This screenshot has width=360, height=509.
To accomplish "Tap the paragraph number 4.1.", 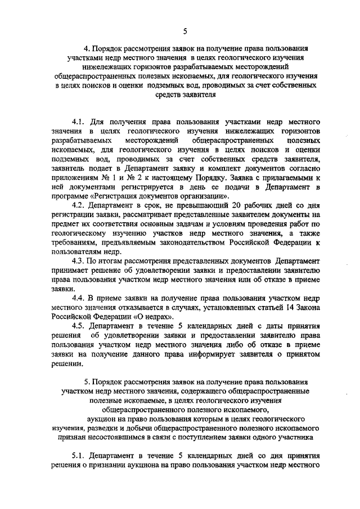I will pyautogui.click(x=79, y=121).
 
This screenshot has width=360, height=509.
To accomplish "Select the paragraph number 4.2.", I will pyautogui.click(x=79, y=206).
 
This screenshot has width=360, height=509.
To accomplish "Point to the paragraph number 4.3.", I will pyautogui.click(x=79, y=261).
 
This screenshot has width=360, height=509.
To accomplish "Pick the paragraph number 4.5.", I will pyautogui.click(x=79, y=326).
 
